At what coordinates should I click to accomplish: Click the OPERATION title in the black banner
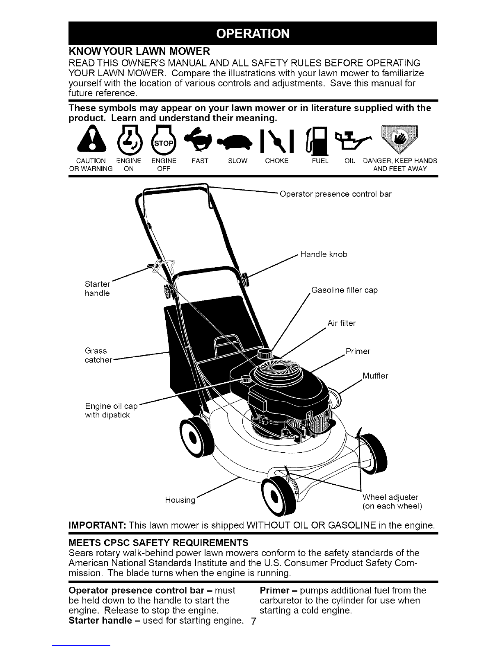pos(253,34)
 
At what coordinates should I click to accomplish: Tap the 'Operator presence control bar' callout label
pos(335,194)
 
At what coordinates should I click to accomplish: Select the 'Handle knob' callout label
pos(324,254)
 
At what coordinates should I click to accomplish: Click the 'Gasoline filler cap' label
pos(345,290)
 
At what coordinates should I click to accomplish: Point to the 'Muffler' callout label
pos(375,376)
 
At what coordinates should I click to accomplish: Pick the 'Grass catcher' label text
pos(98,355)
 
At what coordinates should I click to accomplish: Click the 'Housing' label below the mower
pos(180,500)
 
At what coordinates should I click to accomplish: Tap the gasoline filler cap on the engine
pos(265,354)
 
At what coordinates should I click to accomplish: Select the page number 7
pos(253,621)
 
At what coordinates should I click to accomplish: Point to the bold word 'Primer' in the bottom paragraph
pos(274,590)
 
